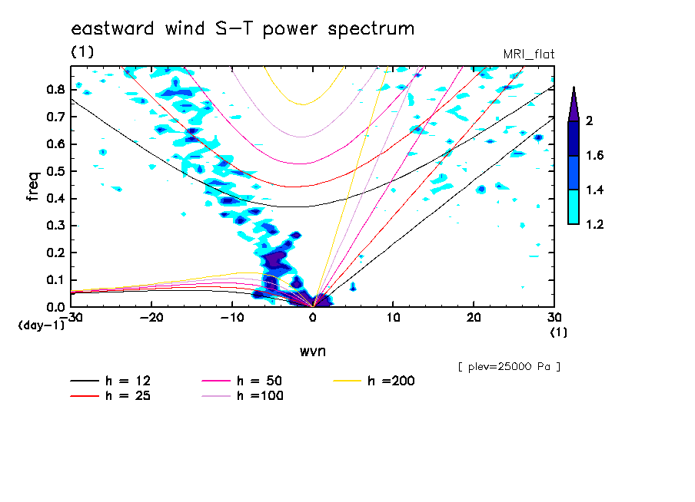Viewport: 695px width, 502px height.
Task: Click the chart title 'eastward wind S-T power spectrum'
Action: click(243, 29)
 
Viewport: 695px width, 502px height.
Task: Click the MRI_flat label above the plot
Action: click(528, 54)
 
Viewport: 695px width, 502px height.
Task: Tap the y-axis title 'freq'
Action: click(33, 186)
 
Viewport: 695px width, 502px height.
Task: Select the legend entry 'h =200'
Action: click(391, 381)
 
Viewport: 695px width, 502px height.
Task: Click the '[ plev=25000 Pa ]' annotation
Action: click(508, 367)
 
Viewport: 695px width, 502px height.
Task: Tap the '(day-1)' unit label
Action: click(41, 325)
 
